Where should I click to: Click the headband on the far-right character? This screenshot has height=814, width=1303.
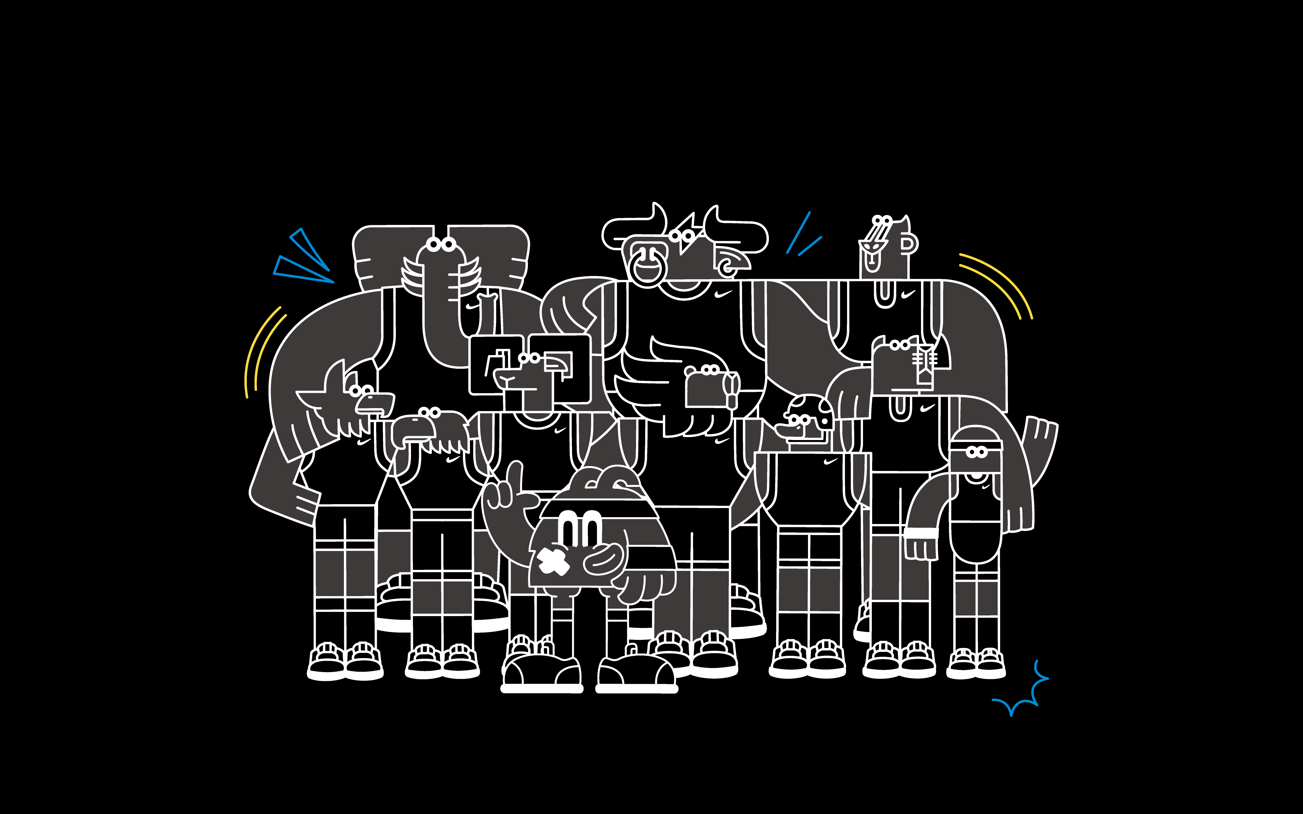point(976,445)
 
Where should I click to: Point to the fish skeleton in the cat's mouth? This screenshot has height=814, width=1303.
point(924,360)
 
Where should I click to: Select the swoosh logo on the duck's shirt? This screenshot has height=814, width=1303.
point(831,462)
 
